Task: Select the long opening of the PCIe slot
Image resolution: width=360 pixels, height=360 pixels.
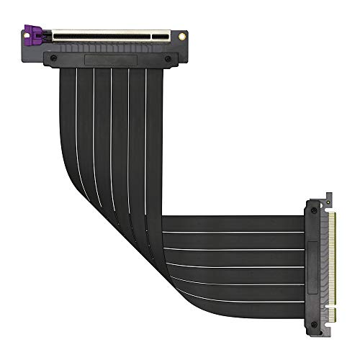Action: pyautogui.click(x=115, y=34)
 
